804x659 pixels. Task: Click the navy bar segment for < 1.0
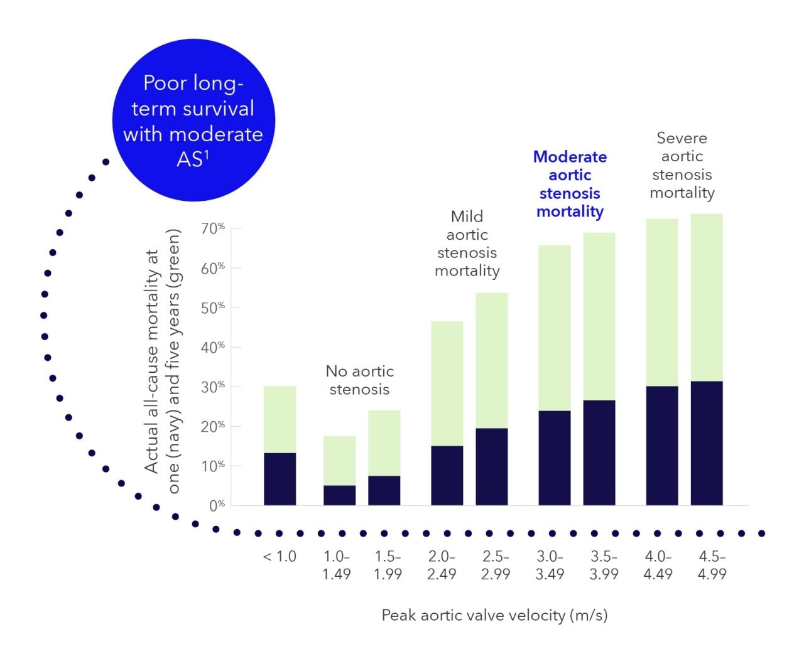tap(280, 479)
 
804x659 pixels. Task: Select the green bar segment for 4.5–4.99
tap(707, 297)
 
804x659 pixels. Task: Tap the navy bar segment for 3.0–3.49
tap(555, 458)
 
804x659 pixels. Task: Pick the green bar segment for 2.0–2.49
tap(447, 383)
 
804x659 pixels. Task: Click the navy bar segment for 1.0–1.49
tap(339, 495)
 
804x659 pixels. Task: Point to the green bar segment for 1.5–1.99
tap(384, 443)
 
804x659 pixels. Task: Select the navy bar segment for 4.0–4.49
tap(662, 446)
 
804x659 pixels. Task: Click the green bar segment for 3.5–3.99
tap(599, 316)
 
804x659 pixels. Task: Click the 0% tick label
tap(217, 505)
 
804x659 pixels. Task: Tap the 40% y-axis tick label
tap(212, 347)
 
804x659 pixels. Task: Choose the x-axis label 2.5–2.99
tap(496, 565)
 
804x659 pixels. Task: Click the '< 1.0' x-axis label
tap(280, 557)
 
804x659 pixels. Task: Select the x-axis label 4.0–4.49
tap(658, 565)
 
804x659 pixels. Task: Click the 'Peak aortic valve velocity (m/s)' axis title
tap(494, 615)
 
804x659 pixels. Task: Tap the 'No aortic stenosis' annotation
tap(359, 380)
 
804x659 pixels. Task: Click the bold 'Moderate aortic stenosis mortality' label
tap(570, 184)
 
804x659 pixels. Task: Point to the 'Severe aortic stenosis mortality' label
tap(682, 165)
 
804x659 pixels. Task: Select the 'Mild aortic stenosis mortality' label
tap(467, 244)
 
